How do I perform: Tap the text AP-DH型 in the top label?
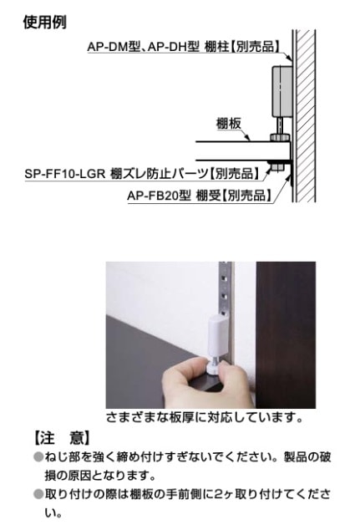tap(171, 47)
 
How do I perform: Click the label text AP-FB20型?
tap(158, 196)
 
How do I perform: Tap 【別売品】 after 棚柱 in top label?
tap(252, 47)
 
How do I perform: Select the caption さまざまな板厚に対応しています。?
tap(205, 416)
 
